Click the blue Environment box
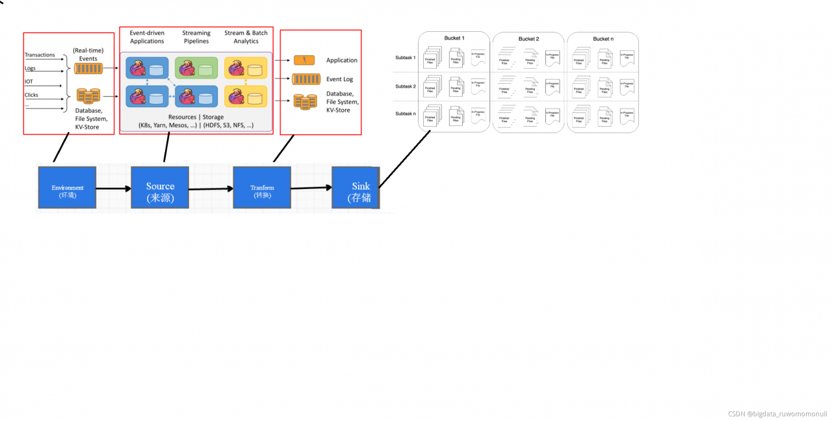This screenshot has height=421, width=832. coord(67,188)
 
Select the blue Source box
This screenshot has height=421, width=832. coord(160,188)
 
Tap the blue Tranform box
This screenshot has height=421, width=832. coord(262,188)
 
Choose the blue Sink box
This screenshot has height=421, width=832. coord(354,188)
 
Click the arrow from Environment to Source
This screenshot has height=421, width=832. coord(113,189)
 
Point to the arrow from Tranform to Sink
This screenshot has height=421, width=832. coord(311,188)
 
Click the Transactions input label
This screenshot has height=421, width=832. coord(40,55)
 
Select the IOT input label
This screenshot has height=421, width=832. coord(29,81)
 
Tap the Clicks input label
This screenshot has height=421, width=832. coord(31,95)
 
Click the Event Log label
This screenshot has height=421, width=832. coord(339,79)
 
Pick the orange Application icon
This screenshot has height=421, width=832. coord(304,60)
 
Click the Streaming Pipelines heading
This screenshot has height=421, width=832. coord(196,37)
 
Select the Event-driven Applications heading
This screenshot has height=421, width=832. coord(147,37)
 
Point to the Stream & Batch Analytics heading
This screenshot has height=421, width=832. coord(246,37)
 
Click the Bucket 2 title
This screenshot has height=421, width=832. coord(528,39)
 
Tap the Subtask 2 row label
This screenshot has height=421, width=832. coord(405,86)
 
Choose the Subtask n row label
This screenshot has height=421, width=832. coord(405,114)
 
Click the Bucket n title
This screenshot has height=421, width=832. coord(603,39)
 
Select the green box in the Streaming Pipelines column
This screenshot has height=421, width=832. coord(196,68)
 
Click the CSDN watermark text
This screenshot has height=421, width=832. coord(777,413)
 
